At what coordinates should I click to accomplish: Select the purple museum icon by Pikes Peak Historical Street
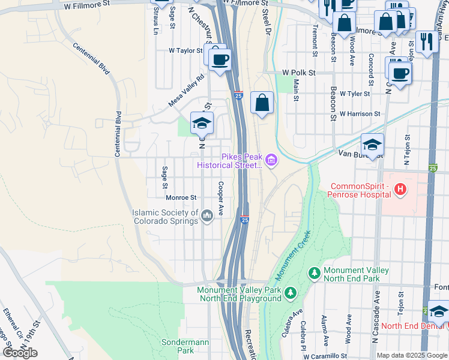271,160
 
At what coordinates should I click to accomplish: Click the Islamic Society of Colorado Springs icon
207,216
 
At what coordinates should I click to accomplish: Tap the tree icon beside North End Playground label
291,293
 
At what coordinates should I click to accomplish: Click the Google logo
20,352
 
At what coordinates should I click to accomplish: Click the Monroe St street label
181,197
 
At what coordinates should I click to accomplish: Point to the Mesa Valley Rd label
187,91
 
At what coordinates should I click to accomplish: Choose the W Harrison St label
360,113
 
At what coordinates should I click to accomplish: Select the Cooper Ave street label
221,199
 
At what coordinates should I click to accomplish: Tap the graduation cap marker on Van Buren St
372,145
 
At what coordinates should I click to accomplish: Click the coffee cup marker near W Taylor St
220,59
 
